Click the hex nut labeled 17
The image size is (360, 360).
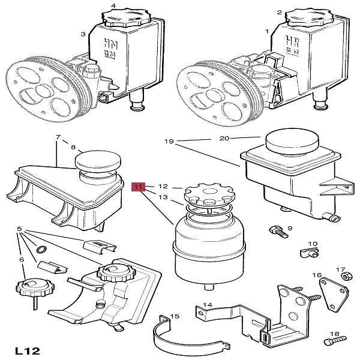click(346, 277)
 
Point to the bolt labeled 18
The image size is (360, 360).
click(329, 341)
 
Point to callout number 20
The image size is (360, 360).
click(224, 139)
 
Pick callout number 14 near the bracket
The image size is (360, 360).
click(208, 304)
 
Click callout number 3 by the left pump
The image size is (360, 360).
click(83, 35)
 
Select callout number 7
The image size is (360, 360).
click(58, 138)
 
